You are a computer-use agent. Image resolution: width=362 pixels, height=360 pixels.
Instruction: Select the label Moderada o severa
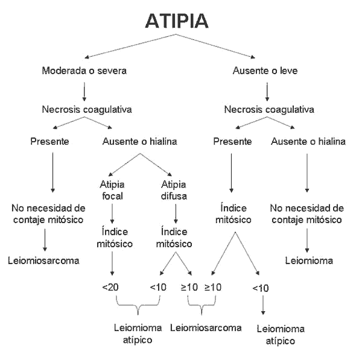84,71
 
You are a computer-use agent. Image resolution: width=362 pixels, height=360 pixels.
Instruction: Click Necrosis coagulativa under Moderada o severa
84,110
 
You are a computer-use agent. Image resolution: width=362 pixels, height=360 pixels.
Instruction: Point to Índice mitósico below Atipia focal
112,237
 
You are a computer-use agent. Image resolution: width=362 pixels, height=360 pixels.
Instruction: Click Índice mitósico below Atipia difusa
174,237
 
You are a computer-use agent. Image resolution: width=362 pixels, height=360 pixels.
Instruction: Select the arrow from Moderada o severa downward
84,90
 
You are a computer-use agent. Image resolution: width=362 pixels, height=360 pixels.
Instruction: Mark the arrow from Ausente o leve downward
267,90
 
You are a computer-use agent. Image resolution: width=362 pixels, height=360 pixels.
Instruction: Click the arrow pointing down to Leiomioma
308,241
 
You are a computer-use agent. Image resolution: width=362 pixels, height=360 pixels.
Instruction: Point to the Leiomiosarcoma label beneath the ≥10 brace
206,328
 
